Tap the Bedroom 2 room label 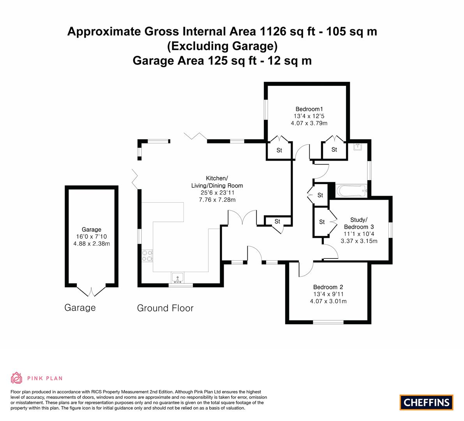(328, 288)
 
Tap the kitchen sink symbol (178, 278)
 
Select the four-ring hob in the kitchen (147, 255)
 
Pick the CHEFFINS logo (426, 402)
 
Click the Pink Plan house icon (16, 378)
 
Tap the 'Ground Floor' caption (165, 308)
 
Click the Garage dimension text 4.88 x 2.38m (92, 244)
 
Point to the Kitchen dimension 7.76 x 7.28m (217, 200)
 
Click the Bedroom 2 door (306, 269)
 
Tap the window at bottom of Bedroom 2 (328, 322)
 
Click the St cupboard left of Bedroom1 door (279, 150)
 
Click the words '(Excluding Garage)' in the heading (222, 46)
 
